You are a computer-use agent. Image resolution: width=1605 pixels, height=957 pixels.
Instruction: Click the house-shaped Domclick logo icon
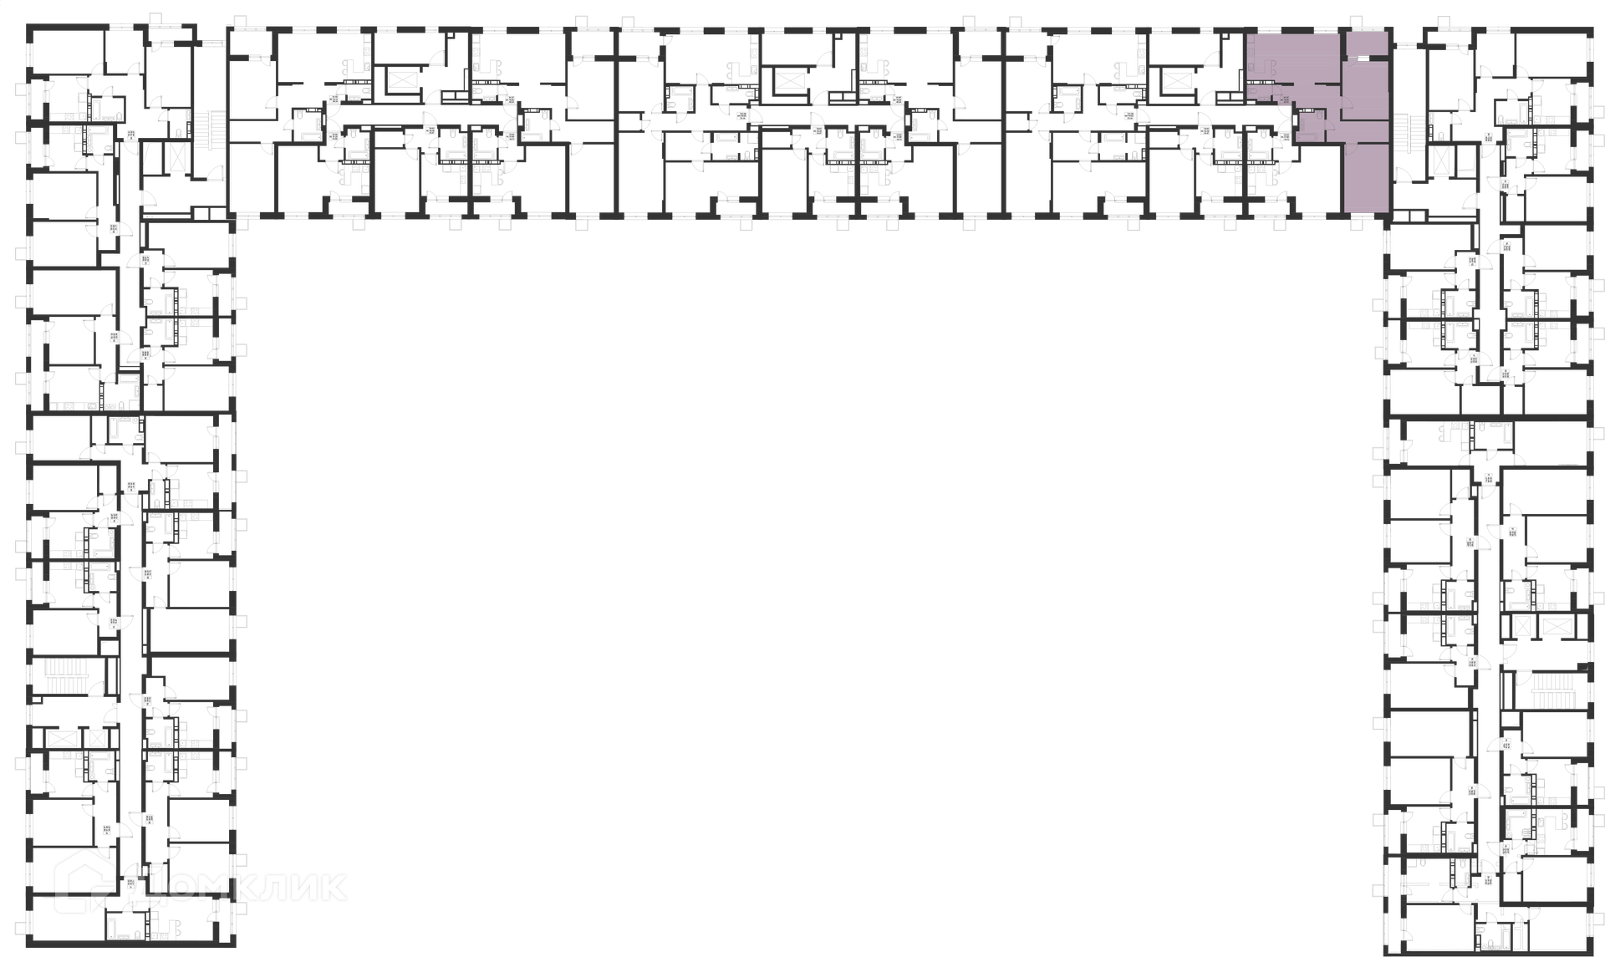click(x=84, y=881)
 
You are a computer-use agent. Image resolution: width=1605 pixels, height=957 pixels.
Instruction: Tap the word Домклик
click(x=237, y=884)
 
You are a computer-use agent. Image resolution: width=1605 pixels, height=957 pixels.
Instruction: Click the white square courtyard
click(x=709, y=656)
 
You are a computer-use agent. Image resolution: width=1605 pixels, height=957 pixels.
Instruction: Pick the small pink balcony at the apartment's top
click(x=1368, y=43)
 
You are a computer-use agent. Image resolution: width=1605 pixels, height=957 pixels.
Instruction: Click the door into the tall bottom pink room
click(x=1349, y=147)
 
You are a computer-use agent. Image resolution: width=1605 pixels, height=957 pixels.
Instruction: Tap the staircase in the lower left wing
click(x=61, y=676)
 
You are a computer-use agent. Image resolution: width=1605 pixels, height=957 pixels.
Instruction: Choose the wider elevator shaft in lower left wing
click(x=60, y=739)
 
